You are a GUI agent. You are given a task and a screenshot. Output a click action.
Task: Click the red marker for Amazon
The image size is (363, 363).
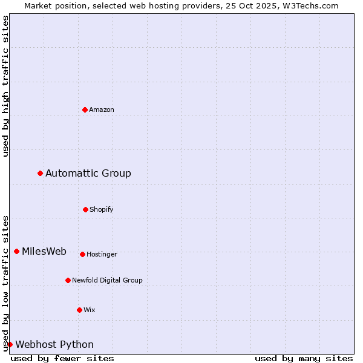(85, 110)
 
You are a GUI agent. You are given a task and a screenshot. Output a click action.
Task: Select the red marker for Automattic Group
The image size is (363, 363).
(40, 173)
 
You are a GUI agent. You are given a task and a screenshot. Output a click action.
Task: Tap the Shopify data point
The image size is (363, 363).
(85, 209)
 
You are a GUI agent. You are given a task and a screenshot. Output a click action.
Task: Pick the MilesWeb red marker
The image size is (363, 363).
(16, 251)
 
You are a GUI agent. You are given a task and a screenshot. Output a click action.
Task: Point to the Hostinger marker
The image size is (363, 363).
(82, 254)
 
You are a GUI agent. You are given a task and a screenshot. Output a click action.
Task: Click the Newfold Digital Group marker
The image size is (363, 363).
(68, 280)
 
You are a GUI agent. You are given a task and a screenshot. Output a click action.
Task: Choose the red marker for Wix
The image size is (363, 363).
(79, 310)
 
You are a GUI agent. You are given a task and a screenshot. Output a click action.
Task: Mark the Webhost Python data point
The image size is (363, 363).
(10, 344)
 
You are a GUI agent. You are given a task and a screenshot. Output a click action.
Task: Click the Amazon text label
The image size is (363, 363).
(102, 110)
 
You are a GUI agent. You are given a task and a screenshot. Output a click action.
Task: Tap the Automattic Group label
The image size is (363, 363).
(88, 174)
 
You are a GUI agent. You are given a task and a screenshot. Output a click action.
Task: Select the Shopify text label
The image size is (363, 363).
(102, 210)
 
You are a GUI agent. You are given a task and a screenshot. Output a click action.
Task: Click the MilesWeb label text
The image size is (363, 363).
(44, 252)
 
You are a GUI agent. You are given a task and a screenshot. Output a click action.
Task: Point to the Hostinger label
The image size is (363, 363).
(102, 255)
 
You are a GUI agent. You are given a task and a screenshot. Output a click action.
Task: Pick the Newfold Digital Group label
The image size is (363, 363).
(107, 281)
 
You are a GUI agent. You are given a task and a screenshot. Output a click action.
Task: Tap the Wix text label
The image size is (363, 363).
(90, 310)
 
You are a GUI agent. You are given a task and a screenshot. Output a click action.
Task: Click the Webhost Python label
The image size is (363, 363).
(54, 345)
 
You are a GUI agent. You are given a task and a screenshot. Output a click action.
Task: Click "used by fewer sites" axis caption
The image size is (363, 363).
(62, 358)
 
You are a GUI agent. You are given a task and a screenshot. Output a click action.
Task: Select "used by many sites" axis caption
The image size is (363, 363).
(304, 358)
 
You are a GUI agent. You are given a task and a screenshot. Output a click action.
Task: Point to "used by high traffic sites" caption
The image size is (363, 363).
(5, 86)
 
